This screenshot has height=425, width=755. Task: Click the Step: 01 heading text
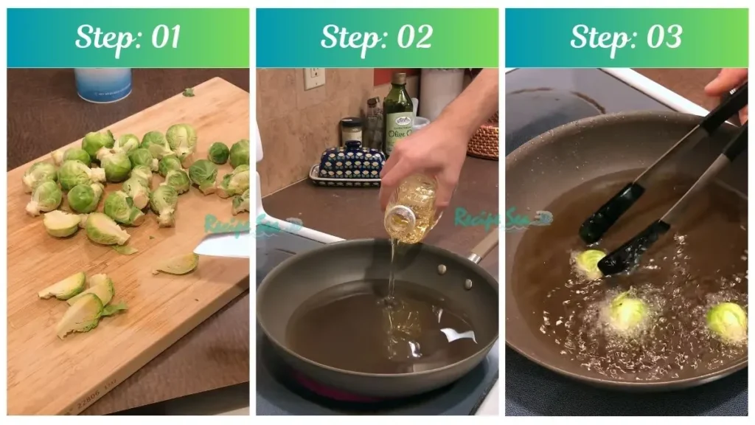pyautogui.click(x=128, y=37)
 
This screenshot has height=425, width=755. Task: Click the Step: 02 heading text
pyautogui.click(x=377, y=37)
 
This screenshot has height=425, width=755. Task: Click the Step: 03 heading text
pyautogui.click(x=626, y=37)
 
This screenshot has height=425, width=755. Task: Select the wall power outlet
pyautogui.click(x=314, y=77)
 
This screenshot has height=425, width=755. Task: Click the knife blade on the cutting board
pyautogui.click(x=221, y=245)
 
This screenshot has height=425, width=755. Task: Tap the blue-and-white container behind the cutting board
pyautogui.click(x=102, y=84)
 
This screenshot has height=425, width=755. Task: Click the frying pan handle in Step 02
pyautogui.click(x=483, y=246)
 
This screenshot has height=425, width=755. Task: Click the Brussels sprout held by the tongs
pyautogui.click(x=590, y=263)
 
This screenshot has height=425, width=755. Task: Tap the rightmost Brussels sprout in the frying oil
pyautogui.click(x=726, y=321)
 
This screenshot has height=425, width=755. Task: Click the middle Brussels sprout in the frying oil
pyautogui.click(x=627, y=311)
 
